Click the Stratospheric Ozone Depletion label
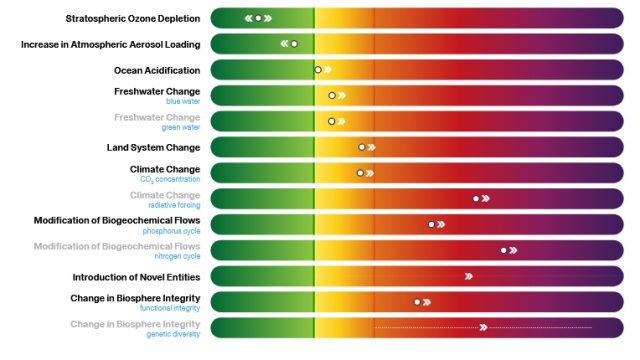pyautogui.click(x=132, y=18)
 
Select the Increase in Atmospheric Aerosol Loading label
pyautogui.click(x=110, y=44)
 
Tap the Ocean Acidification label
pyautogui.click(x=157, y=70)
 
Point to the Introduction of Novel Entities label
pyautogui.click(x=136, y=276)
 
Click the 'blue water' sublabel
pyautogui.click(x=183, y=101)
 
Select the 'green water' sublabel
pyautogui.click(x=181, y=127)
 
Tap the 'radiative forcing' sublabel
pyautogui.click(x=176, y=204)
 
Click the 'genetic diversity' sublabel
pyautogui.click(x=173, y=334)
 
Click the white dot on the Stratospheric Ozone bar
pyautogui.click(x=258, y=18)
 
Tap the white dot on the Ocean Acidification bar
pyautogui.click(x=318, y=70)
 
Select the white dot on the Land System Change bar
pyautogui.click(x=362, y=147)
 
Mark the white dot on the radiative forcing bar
pyautogui.click(x=476, y=198)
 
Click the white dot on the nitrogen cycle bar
pyautogui.click(x=503, y=250)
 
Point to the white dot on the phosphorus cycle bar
pyautogui.click(x=432, y=224)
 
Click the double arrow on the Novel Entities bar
pyautogui.click(x=468, y=276)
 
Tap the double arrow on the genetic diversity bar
pyautogui.click(x=483, y=327)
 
